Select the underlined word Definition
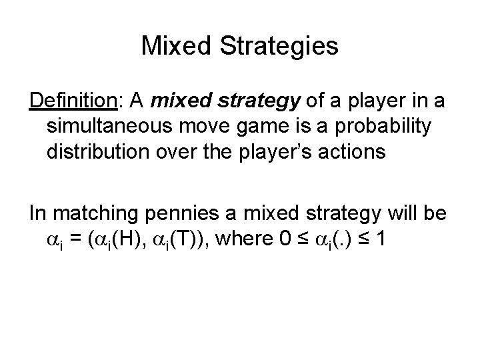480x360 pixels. point(72,102)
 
